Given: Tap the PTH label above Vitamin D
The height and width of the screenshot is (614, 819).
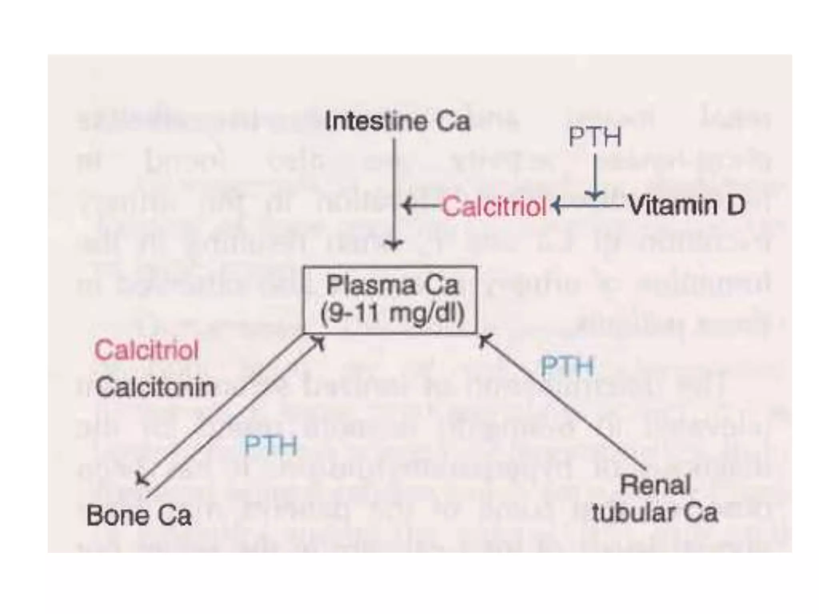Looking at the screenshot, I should (x=595, y=137).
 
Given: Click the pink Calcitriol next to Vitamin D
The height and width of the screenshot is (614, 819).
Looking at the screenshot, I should (x=494, y=207).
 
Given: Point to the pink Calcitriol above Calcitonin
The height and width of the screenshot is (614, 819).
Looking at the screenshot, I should (x=146, y=350).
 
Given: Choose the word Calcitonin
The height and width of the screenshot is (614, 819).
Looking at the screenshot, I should (x=155, y=387).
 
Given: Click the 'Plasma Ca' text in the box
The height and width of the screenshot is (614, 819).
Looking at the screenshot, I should (x=392, y=285).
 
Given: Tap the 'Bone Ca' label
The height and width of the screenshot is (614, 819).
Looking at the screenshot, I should (x=139, y=515).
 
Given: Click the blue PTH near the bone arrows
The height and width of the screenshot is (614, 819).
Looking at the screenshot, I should (x=271, y=445).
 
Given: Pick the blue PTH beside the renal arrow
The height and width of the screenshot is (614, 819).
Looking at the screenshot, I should (x=567, y=366).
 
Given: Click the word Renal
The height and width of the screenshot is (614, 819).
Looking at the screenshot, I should (x=655, y=485).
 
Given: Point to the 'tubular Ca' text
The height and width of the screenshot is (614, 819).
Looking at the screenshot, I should (x=655, y=512).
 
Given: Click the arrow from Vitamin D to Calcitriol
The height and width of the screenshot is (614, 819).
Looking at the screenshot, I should (x=588, y=206).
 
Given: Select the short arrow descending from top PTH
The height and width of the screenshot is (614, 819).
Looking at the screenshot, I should (x=595, y=176).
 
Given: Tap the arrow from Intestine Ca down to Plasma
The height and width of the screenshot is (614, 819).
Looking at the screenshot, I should (x=394, y=192).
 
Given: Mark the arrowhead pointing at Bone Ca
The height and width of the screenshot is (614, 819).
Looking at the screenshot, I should (x=141, y=478).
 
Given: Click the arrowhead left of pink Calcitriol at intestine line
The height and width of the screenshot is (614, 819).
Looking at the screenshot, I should (x=407, y=207).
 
